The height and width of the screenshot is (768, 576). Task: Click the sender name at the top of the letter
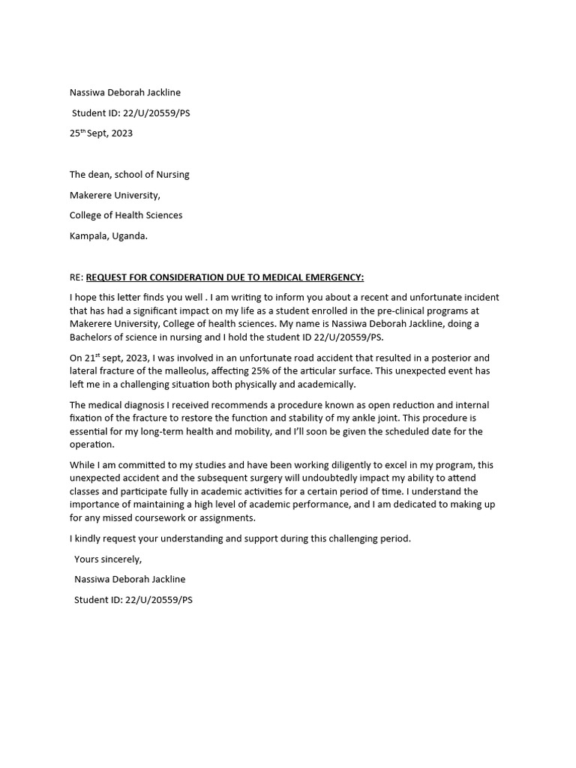125,92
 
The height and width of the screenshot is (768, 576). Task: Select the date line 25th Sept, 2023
101,133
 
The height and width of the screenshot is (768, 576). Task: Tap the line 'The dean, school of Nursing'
129,175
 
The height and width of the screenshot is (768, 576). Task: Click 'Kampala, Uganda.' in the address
109,235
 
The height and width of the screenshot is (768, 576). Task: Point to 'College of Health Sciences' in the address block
126,215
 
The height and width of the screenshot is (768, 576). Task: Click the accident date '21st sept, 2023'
120,358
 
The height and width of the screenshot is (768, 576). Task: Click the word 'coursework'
173,517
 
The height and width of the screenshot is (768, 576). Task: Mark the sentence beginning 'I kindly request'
240,538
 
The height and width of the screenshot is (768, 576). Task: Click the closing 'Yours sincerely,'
108,559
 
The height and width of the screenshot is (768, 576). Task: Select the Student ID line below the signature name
133,600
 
